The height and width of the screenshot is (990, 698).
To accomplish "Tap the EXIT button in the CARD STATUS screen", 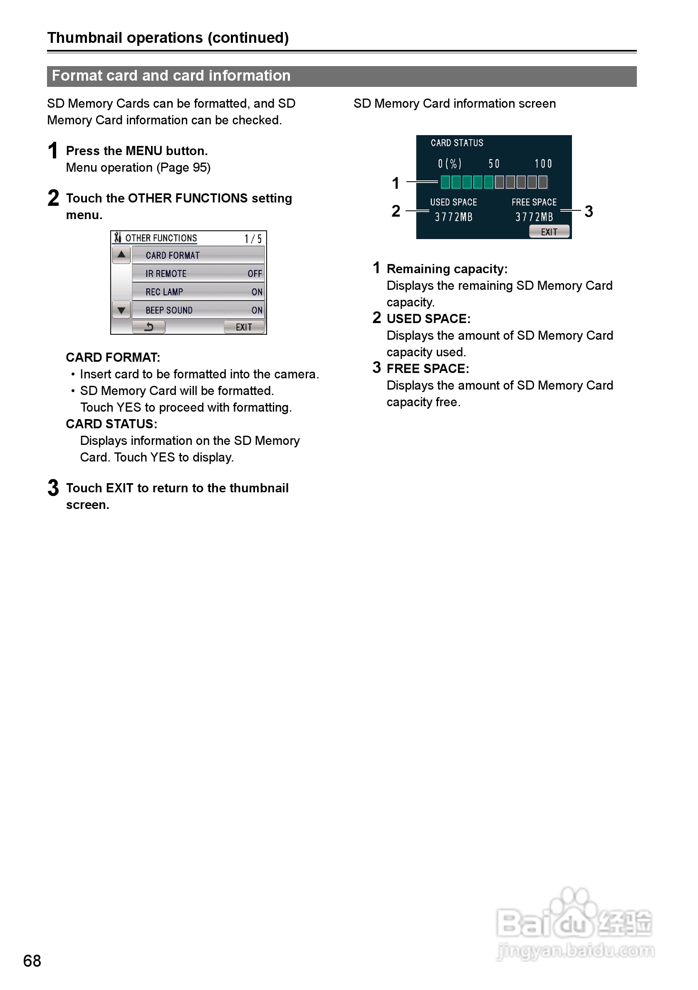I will (x=549, y=232).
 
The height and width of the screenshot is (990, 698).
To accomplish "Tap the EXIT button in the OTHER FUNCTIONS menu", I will (x=244, y=327).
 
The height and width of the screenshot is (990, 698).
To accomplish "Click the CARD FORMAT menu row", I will (x=198, y=255).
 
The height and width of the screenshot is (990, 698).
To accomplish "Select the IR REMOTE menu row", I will (x=198, y=273).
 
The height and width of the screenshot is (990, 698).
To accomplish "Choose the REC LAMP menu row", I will (x=198, y=292).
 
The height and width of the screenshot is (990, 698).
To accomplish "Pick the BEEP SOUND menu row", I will (x=198, y=310).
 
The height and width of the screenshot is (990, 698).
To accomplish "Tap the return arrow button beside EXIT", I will (x=149, y=327).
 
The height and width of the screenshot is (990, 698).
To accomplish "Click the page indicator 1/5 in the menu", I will (x=253, y=238).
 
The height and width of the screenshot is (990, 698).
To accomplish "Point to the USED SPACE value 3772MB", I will (x=453, y=217).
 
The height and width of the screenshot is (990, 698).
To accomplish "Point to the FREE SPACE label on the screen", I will (x=534, y=202).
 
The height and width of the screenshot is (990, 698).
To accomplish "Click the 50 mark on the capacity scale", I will (x=494, y=164).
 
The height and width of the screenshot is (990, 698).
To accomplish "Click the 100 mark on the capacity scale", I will (x=543, y=164).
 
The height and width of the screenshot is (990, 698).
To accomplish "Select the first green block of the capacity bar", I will (x=445, y=183).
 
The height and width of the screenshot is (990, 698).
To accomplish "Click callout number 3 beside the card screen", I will (x=589, y=211).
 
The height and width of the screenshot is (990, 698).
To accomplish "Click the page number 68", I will (x=32, y=960).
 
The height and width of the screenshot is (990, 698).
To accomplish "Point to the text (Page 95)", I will (x=183, y=167).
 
